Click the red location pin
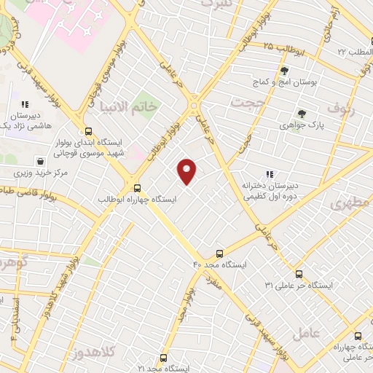187,171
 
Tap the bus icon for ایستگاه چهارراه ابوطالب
138,187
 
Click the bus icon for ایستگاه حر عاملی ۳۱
299,274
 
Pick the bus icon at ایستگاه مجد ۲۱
162,358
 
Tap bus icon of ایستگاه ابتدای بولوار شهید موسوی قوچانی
89,132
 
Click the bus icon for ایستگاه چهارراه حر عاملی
357,336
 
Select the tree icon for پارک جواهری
302,114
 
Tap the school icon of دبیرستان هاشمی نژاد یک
25,104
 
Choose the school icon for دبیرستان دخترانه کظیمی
270,174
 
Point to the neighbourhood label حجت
246,102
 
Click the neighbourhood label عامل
307,334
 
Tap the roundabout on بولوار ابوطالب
195,107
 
